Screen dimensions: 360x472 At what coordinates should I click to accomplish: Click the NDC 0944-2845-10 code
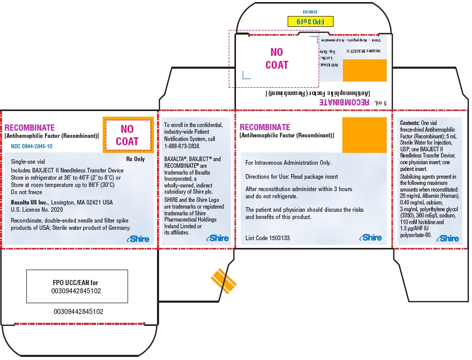point(32,146)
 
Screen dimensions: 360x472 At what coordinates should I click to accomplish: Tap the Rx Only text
point(135,159)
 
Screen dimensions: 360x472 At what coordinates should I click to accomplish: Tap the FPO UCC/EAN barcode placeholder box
point(77,287)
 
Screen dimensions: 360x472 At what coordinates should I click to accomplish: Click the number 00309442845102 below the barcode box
point(78,312)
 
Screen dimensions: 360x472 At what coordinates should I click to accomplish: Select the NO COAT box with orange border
point(127,135)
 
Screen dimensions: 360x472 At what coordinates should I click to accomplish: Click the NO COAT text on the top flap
point(277,59)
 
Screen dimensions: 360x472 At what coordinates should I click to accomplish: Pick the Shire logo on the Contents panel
point(447,238)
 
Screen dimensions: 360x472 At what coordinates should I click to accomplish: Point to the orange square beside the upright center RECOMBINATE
point(365,134)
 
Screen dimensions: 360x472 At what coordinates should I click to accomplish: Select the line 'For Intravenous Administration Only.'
point(288,163)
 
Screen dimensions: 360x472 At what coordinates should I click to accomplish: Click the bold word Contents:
point(411,122)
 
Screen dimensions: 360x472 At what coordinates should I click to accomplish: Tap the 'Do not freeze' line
point(26,191)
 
